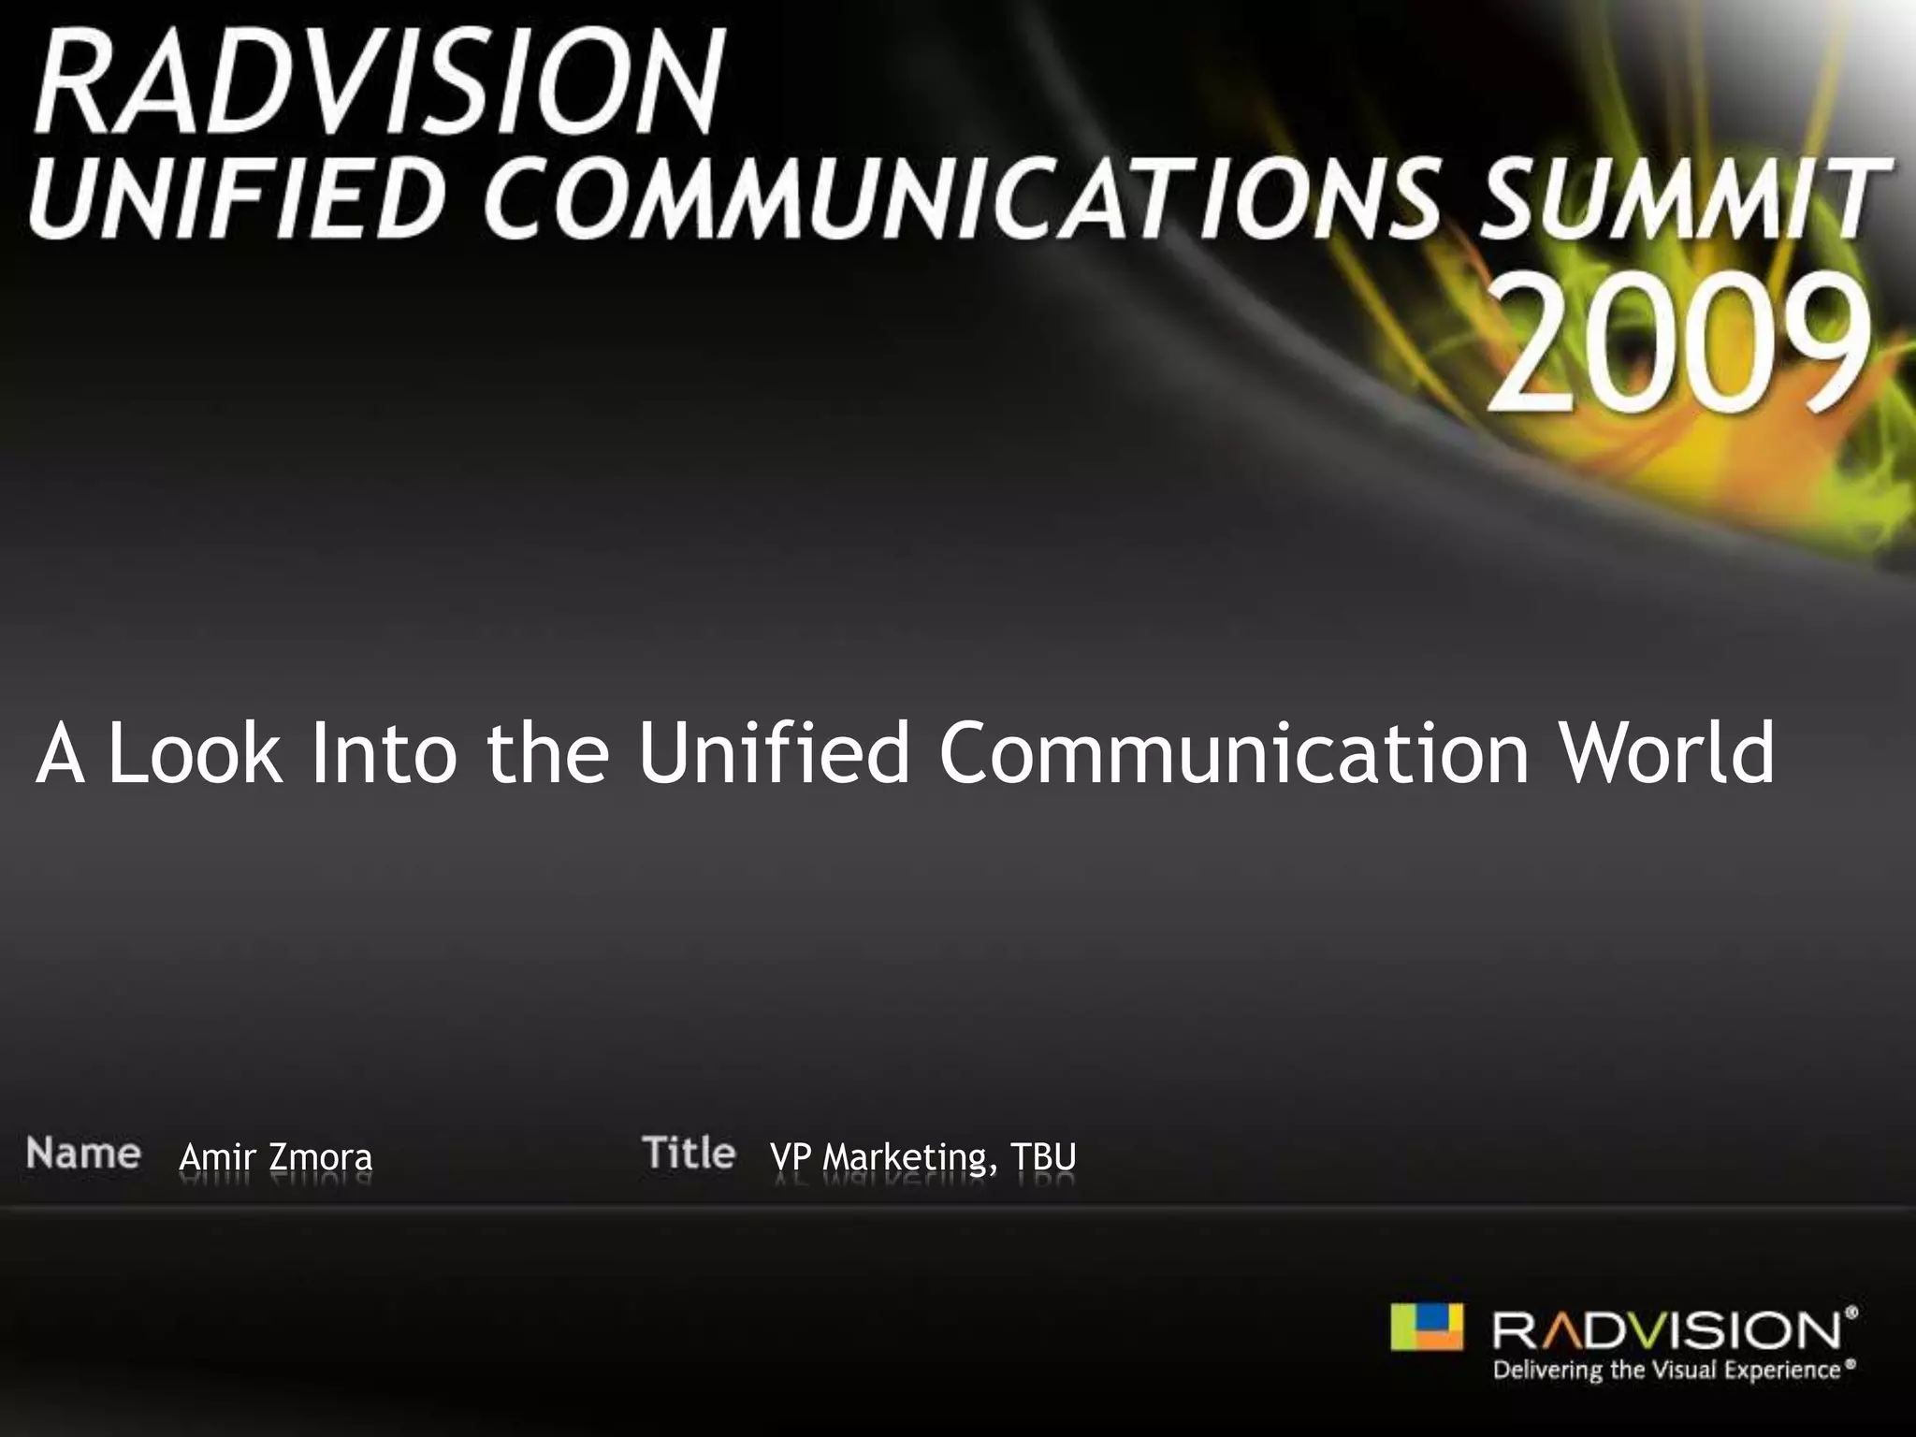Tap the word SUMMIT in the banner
(1685, 198)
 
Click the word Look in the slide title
(195, 752)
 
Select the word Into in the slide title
(384, 752)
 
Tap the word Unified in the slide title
(774, 752)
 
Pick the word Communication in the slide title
(1234, 752)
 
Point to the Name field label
(83, 1153)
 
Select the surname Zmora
(321, 1157)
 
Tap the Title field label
(689, 1153)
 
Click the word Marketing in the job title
(906, 1158)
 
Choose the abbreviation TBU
(1043, 1157)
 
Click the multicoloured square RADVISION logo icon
(1426, 1327)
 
